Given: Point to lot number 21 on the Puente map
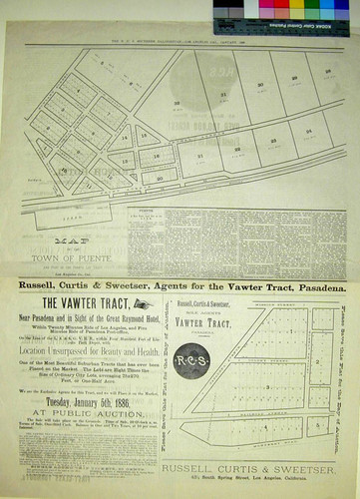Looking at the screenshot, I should click(x=201, y=156).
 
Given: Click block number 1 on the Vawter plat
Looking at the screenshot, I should click(x=289, y=329).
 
